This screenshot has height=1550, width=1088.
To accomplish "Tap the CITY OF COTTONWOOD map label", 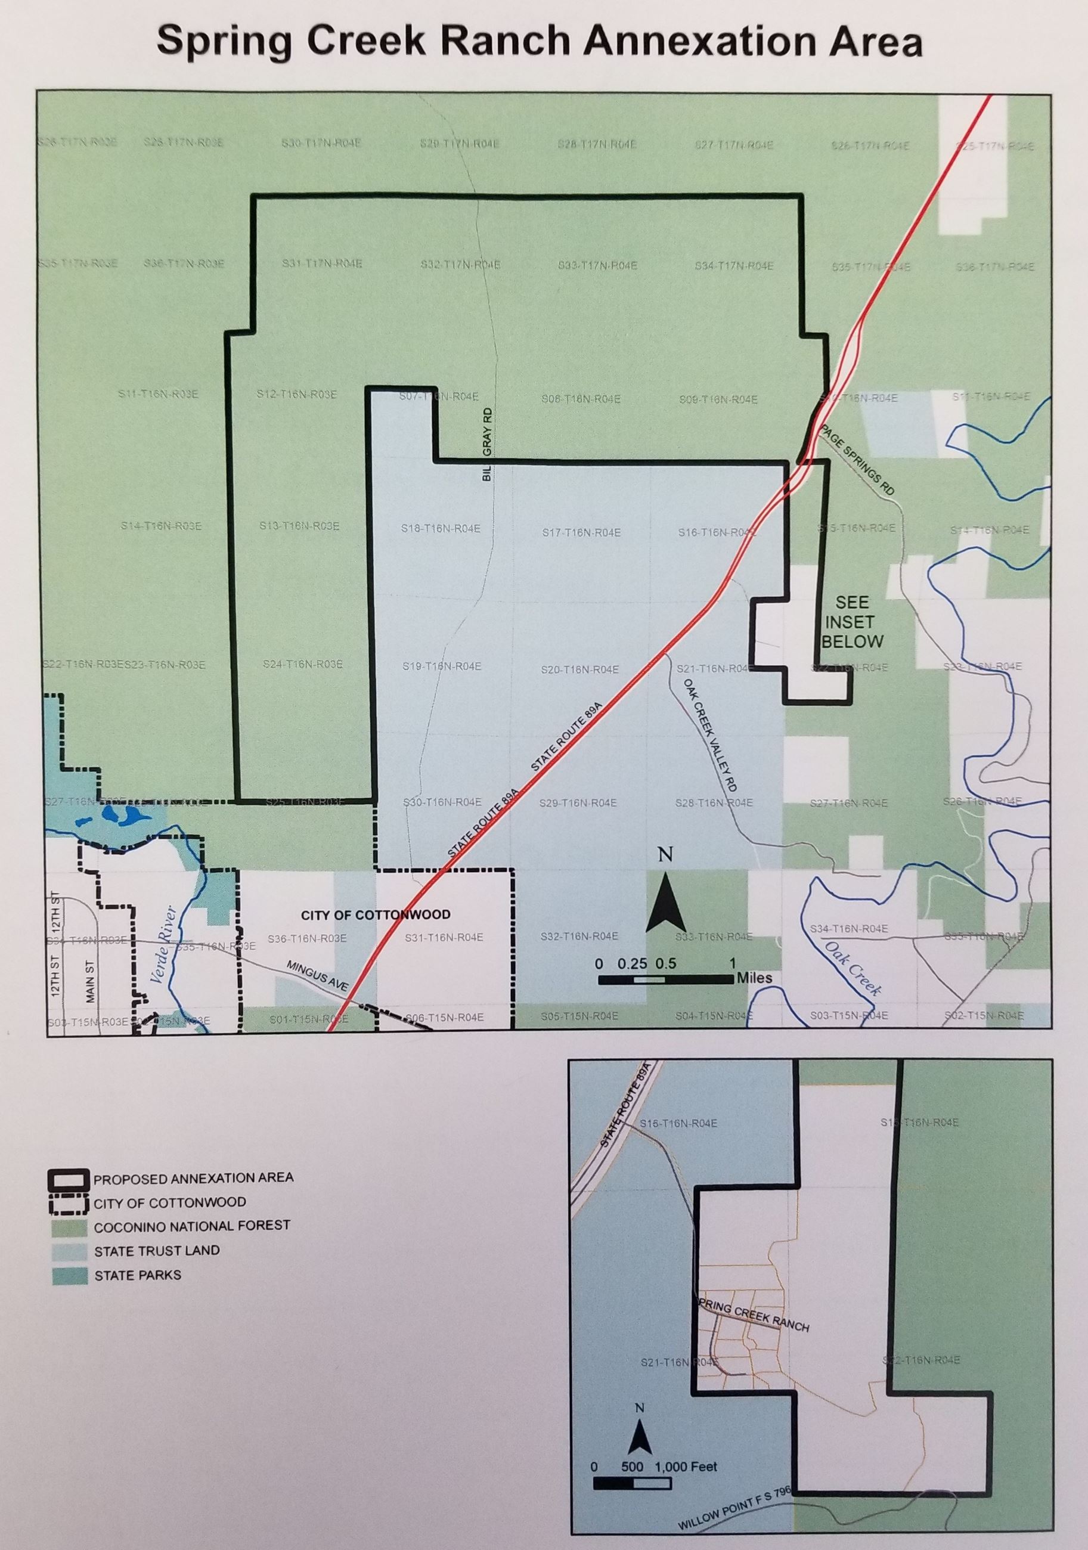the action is click(375, 914).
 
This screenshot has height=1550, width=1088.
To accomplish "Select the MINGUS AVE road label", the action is click(317, 976).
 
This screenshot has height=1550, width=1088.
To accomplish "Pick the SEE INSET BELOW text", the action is click(853, 621).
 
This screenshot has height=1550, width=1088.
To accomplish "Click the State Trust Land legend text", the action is click(157, 1250).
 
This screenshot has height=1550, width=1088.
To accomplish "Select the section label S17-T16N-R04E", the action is click(581, 532).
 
